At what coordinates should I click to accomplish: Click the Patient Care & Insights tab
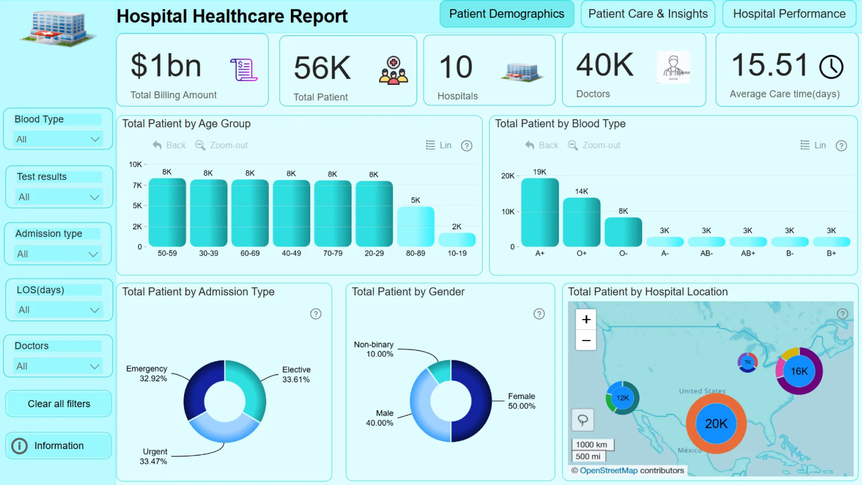tap(648, 14)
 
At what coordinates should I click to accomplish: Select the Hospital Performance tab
tap(789, 14)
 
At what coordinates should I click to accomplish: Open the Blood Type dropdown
tap(58, 139)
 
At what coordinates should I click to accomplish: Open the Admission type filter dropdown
tap(58, 254)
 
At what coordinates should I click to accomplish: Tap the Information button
tap(58, 445)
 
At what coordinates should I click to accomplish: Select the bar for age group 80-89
tap(415, 226)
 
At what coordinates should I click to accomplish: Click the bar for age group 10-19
tap(457, 239)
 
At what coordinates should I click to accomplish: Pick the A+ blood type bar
tap(540, 212)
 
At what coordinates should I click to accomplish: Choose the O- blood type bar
tap(623, 232)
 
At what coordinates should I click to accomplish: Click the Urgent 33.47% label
tap(153, 456)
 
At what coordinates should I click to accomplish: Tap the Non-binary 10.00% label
tap(374, 349)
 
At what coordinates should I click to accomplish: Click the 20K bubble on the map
tap(716, 423)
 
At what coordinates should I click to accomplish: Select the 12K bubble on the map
tap(623, 398)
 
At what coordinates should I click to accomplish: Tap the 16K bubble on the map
tap(799, 371)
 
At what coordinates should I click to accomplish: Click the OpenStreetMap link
tap(608, 470)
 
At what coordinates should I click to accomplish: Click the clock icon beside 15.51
tap(831, 67)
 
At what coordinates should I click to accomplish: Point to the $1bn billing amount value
tap(166, 66)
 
